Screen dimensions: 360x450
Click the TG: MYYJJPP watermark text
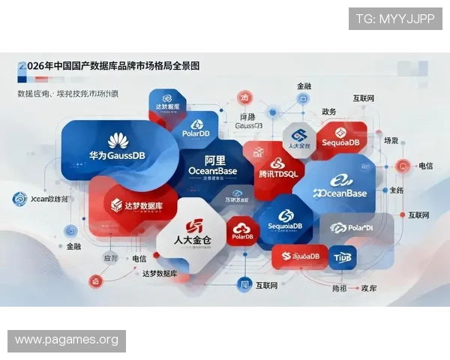(395, 19)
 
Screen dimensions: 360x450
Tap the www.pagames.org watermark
(66, 340)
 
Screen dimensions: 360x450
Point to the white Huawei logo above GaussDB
(118, 140)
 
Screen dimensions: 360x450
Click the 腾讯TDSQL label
(278, 173)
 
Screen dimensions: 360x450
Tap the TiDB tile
(342, 257)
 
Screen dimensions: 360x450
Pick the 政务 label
(328, 112)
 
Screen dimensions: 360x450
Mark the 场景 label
(391, 140)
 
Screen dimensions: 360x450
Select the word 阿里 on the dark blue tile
(215, 160)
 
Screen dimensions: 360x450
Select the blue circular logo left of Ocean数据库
(20, 199)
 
